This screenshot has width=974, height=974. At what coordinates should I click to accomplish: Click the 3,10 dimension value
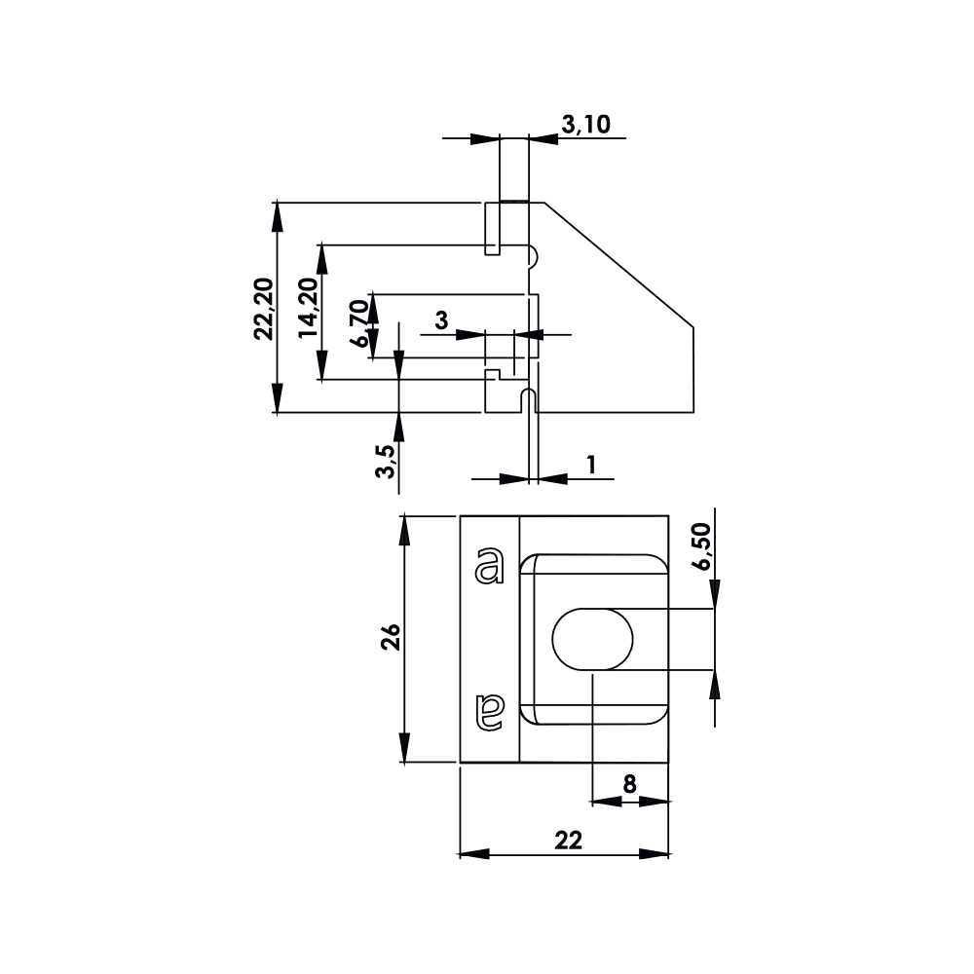[585, 125]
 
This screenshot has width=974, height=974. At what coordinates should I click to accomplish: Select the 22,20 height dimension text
[264, 309]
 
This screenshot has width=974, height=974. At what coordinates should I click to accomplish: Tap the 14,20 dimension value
[308, 308]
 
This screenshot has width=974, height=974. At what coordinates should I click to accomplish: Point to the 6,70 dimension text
[359, 323]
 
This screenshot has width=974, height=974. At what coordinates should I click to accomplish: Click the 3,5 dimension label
[386, 462]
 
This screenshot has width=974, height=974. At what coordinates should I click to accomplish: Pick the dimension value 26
[391, 637]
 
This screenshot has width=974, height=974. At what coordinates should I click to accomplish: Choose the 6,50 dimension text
[703, 546]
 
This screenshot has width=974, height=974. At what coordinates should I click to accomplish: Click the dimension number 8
[629, 784]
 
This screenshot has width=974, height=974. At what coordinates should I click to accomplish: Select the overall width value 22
[568, 842]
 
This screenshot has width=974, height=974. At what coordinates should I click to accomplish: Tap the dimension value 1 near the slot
[591, 465]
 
